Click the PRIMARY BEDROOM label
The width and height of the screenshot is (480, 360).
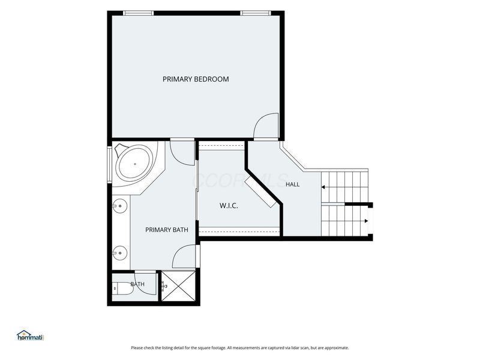tap(196, 79)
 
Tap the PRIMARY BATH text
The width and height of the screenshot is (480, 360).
tap(167, 230)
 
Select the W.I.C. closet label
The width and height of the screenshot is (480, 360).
tap(229, 205)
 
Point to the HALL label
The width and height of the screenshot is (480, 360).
tap(292, 184)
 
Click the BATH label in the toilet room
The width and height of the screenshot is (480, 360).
tap(137, 284)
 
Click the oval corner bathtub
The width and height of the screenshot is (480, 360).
tap(134, 164)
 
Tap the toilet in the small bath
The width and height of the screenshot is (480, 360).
tap(122, 289)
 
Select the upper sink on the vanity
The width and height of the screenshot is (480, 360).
tap(119, 206)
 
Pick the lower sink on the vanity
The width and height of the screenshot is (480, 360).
tap(119, 253)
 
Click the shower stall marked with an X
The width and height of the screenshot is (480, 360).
tap(178, 286)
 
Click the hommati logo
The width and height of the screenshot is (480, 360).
tap(31, 335)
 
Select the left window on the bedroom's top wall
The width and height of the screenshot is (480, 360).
tap(138, 13)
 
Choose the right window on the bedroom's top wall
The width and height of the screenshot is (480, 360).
tap(256, 13)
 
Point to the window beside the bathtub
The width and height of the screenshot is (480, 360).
tap(110, 165)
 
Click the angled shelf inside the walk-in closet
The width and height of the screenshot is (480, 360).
tap(260, 193)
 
